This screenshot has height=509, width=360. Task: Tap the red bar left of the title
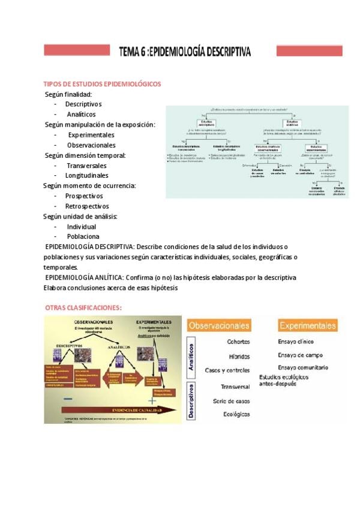pyautogui.click(x=77, y=50)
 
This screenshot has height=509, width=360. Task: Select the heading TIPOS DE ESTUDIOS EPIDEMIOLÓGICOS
pyautogui.click(x=102, y=84)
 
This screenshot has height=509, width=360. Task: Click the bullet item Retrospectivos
pyautogui.click(x=87, y=206)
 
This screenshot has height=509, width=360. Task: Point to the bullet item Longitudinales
pyautogui.click(x=88, y=175)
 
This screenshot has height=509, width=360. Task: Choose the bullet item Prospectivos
pyautogui.click(x=84, y=196)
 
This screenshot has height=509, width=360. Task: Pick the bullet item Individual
pyautogui.click(x=82, y=226)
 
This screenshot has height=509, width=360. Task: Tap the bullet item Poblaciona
pyautogui.click(x=83, y=236)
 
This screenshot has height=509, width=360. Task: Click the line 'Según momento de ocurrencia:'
pyautogui.click(x=90, y=185)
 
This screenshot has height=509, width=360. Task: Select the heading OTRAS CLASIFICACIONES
pyautogui.click(x=83, y=307)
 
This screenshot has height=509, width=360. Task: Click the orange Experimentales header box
pyautogui.click(x=307, y=325)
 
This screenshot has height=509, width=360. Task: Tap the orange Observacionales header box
pyautogui.click(x=219, y=326)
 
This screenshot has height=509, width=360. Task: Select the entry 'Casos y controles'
pyautogui.click(x=227, y=370)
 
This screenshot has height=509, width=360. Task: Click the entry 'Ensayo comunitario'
pyautogui.click(x=302, y=367)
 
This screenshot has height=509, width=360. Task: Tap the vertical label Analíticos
pyautogui.click(x=191, y=358)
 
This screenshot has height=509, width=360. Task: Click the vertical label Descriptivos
pyautogui.click(x=191, y=401)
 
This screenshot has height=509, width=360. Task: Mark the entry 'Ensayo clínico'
pyautogui.click(x=295, y=342)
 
